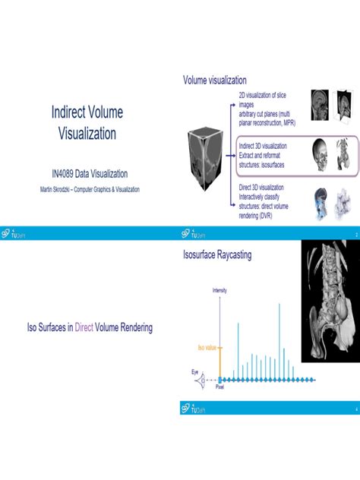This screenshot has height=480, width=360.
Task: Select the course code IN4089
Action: pyautogui.click(x=57, y=173)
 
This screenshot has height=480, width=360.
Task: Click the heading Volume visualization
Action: pyautogui.click(x=214, y=81)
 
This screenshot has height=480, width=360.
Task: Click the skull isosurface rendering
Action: pyautogui.click(x=319, y=153)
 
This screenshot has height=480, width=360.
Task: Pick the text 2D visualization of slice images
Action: pyautogui.click(x=261, y=99)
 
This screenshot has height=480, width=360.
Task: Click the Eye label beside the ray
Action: pyautogui.click(x=195, y=372)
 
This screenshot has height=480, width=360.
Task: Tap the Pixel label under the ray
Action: pyautogui.click(x=220, y=387)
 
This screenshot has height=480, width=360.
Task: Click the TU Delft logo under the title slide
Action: pyautogui.click(x=13, y=235)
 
